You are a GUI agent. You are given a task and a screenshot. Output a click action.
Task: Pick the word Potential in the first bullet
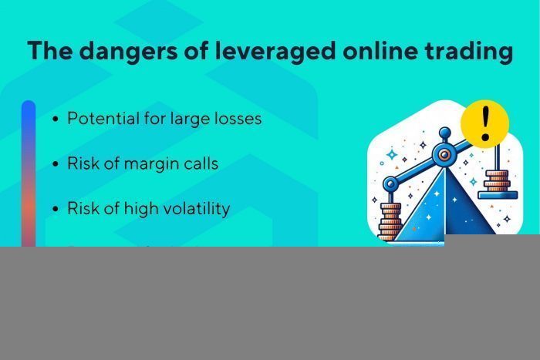tap(103, 119)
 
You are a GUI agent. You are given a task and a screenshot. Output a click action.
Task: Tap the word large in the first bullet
tap(189, 119)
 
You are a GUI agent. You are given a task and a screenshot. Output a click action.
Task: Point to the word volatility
tap(194, 209)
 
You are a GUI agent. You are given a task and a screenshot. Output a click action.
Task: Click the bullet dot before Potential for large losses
tap(56, 120)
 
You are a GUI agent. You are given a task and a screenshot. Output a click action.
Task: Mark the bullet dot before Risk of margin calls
tap(56, 165)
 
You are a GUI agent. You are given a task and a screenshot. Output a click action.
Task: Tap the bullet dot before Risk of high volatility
tap(56, 210)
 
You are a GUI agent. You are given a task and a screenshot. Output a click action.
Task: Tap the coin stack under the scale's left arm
tap(390, 220)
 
